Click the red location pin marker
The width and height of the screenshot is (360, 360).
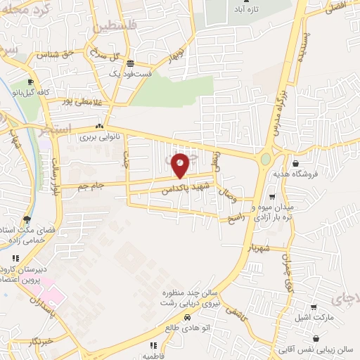point(181,165)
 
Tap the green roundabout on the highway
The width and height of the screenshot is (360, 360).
point(265,160)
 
